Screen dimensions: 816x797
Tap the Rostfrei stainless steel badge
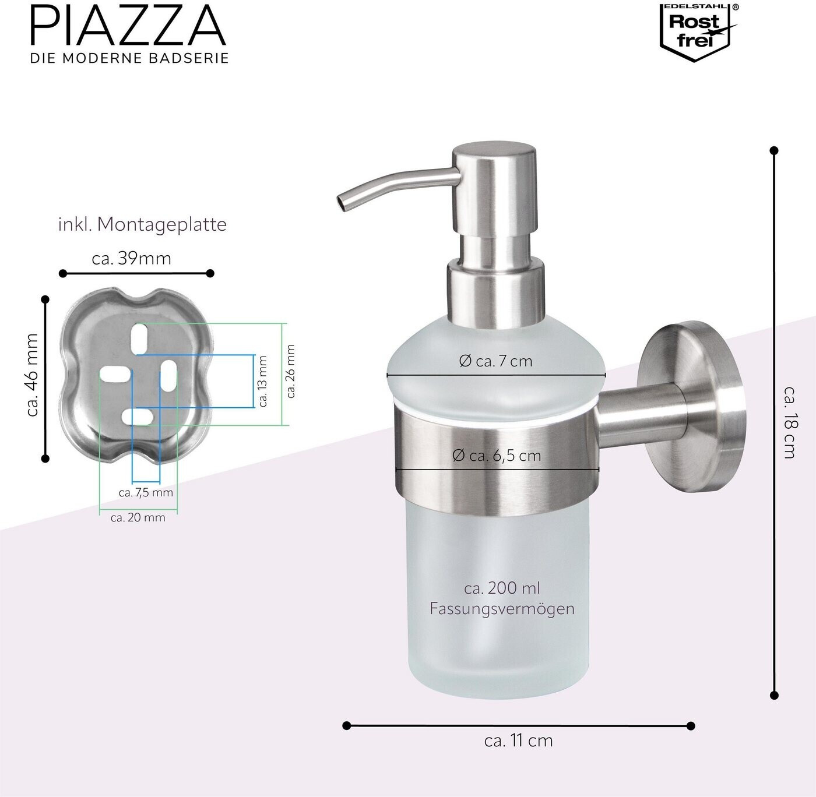point(698,33)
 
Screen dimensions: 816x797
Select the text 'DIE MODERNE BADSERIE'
point(129,58)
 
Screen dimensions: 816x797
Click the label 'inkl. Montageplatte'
point(142,225)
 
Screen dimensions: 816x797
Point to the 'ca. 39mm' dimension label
point(131,258)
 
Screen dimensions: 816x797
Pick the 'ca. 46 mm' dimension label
point(32,375)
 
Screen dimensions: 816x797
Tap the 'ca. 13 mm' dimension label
point(263,381)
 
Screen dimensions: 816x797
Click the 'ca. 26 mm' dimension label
point(291,371)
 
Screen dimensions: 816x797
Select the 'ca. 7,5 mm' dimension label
point(146,492)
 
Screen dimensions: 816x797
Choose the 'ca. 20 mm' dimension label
point(138,517)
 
